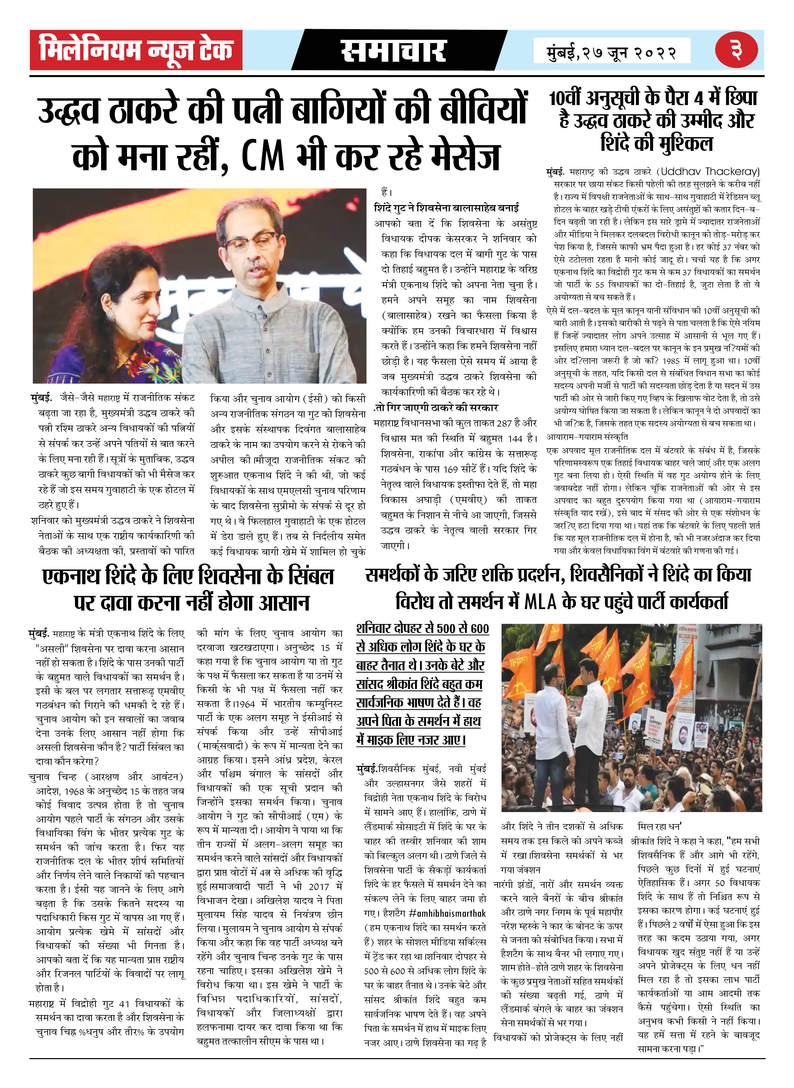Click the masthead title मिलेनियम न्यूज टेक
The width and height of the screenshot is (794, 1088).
(x=136, y=50)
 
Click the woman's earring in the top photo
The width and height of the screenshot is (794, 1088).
(x=110, y=316)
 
